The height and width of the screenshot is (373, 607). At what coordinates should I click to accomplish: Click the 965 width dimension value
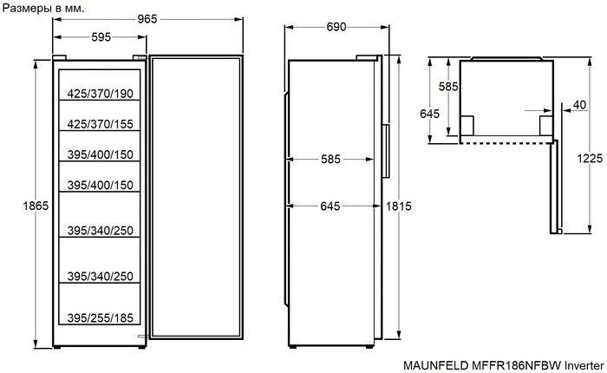coord(147,19)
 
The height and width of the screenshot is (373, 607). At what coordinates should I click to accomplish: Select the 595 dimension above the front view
coord(101,37)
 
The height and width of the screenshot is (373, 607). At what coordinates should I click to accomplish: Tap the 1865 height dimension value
coord(36,206)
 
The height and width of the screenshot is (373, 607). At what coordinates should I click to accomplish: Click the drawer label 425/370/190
coord(100,94)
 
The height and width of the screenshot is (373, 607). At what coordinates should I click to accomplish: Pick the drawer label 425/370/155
coord(100,124)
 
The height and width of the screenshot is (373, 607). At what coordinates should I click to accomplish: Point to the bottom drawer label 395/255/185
coord(100,318)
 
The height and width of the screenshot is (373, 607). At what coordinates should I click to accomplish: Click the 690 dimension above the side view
coord(336,27)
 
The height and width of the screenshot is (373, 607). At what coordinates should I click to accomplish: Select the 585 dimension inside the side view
coord(330,160)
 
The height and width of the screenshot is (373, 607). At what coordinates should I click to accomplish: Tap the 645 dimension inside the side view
coord(330,206)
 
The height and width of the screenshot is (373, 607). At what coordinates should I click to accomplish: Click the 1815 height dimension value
coord(398,206)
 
